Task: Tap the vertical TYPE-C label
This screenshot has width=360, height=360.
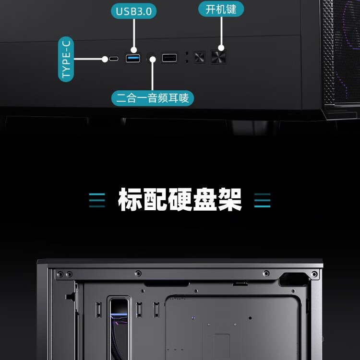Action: coord(67,60)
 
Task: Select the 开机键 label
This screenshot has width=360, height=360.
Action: coord(221,9)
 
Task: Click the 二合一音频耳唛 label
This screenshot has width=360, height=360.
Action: coord(153,98)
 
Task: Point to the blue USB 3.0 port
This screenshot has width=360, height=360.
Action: coord(133,59)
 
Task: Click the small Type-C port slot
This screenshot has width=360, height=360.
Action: coord(114,59)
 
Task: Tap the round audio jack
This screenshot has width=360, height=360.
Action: coord(153,59)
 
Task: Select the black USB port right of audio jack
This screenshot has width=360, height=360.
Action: coord(169,59)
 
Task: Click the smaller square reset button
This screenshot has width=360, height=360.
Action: coord(199,58)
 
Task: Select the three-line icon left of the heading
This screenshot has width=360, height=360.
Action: coord(97,200)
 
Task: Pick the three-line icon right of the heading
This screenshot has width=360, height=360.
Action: coord(262,200)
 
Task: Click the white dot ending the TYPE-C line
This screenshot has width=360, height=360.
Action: coord(104,59)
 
